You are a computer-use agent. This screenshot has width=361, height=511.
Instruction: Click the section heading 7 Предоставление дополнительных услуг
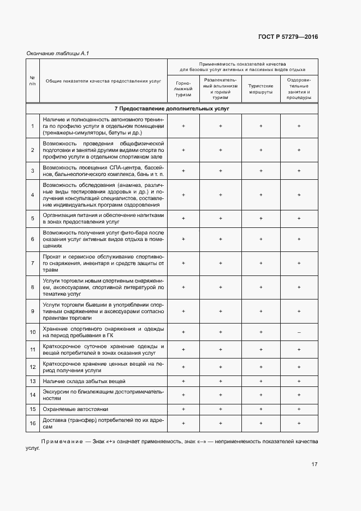coord(171,109)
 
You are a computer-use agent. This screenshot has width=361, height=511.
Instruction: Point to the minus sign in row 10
coord(299,332)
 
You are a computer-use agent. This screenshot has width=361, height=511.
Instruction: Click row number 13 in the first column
coord(32,381)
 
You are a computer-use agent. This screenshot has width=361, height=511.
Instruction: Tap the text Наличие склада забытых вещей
coord(84,381)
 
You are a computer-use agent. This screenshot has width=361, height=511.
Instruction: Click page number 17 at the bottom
coord(314,465)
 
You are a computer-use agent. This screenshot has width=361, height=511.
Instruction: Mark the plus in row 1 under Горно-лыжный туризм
coord(183,126)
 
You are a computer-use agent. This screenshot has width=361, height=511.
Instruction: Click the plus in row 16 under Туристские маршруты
coord(261,423)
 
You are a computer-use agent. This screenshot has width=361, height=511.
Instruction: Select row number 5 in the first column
coord(32,219)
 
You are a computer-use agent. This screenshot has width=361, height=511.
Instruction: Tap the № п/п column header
coord(32,81)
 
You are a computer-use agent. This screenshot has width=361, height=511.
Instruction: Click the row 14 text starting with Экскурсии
coord(103,395)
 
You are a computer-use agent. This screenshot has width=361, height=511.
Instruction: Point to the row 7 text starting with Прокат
coord(103,263)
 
